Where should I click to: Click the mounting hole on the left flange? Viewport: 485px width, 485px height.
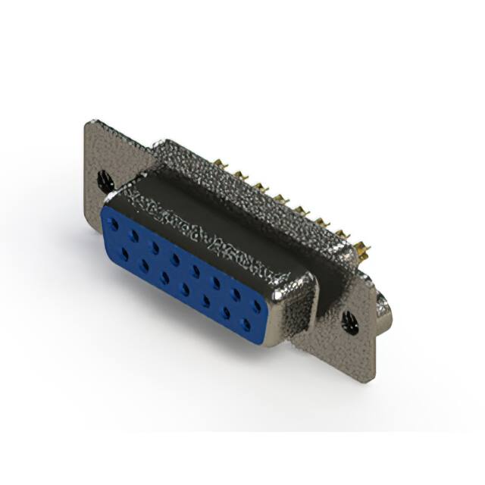(x=106, y=180)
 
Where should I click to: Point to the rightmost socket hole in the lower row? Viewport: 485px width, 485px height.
(x=246, y=324)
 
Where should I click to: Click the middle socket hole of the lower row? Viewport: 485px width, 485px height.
(x=185, y=289)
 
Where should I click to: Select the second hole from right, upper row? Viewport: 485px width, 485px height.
(x=238, y=295)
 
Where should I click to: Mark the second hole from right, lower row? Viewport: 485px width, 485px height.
(x=226, y=313)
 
